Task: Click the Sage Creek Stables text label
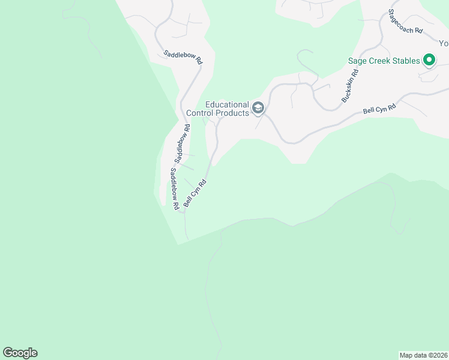click(x=384, y=61)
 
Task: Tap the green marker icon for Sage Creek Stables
click(x=429, y=60)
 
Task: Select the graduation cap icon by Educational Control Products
click(x=258, y=108)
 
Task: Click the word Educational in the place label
click(x=227, y=104)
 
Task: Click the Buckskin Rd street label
click(x=350, y=86)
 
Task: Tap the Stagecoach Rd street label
click(x=405, y=22)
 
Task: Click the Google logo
click(x=20, y=353)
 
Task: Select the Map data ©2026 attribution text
click(x=423, y=355)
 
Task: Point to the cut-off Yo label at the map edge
click(x=444, y=43)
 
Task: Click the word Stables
click(x=402, y=61)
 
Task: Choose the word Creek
click(x=378, y=61)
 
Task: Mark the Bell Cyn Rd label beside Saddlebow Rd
click(x=195, y=193)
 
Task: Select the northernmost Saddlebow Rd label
click(x=183, y=57)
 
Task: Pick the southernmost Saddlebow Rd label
click(x=174, y=188)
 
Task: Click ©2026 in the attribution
click(x=436, y=355)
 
